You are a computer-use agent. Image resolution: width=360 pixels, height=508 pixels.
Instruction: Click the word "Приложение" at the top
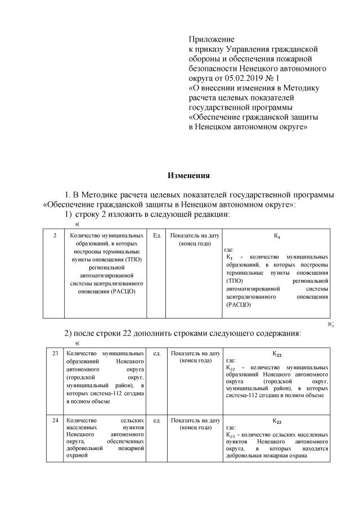(210, 40)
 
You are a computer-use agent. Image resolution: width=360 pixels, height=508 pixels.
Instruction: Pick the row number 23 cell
(55, 353)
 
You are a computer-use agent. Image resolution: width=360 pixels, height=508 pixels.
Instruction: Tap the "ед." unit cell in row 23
(157, 353)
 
